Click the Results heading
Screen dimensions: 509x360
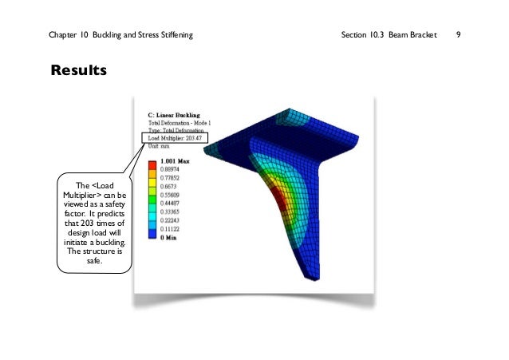click(x=78, y=70)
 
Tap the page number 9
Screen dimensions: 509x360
click(x=458, y=34)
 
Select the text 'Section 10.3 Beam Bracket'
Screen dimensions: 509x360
click(x=389, y=35)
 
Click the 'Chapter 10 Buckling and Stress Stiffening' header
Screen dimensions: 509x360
click(x=120, y=35)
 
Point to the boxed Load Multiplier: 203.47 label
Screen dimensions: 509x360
click(x=175, y=138)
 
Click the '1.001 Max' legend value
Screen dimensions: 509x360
click(x=175, y=161)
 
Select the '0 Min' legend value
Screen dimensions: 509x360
click(x=168, y=238)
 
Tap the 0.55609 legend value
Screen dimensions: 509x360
click(x=169, y=195)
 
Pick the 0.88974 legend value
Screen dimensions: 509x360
click(x=169, y=169)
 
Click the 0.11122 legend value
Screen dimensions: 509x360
click(x=169, y=229)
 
